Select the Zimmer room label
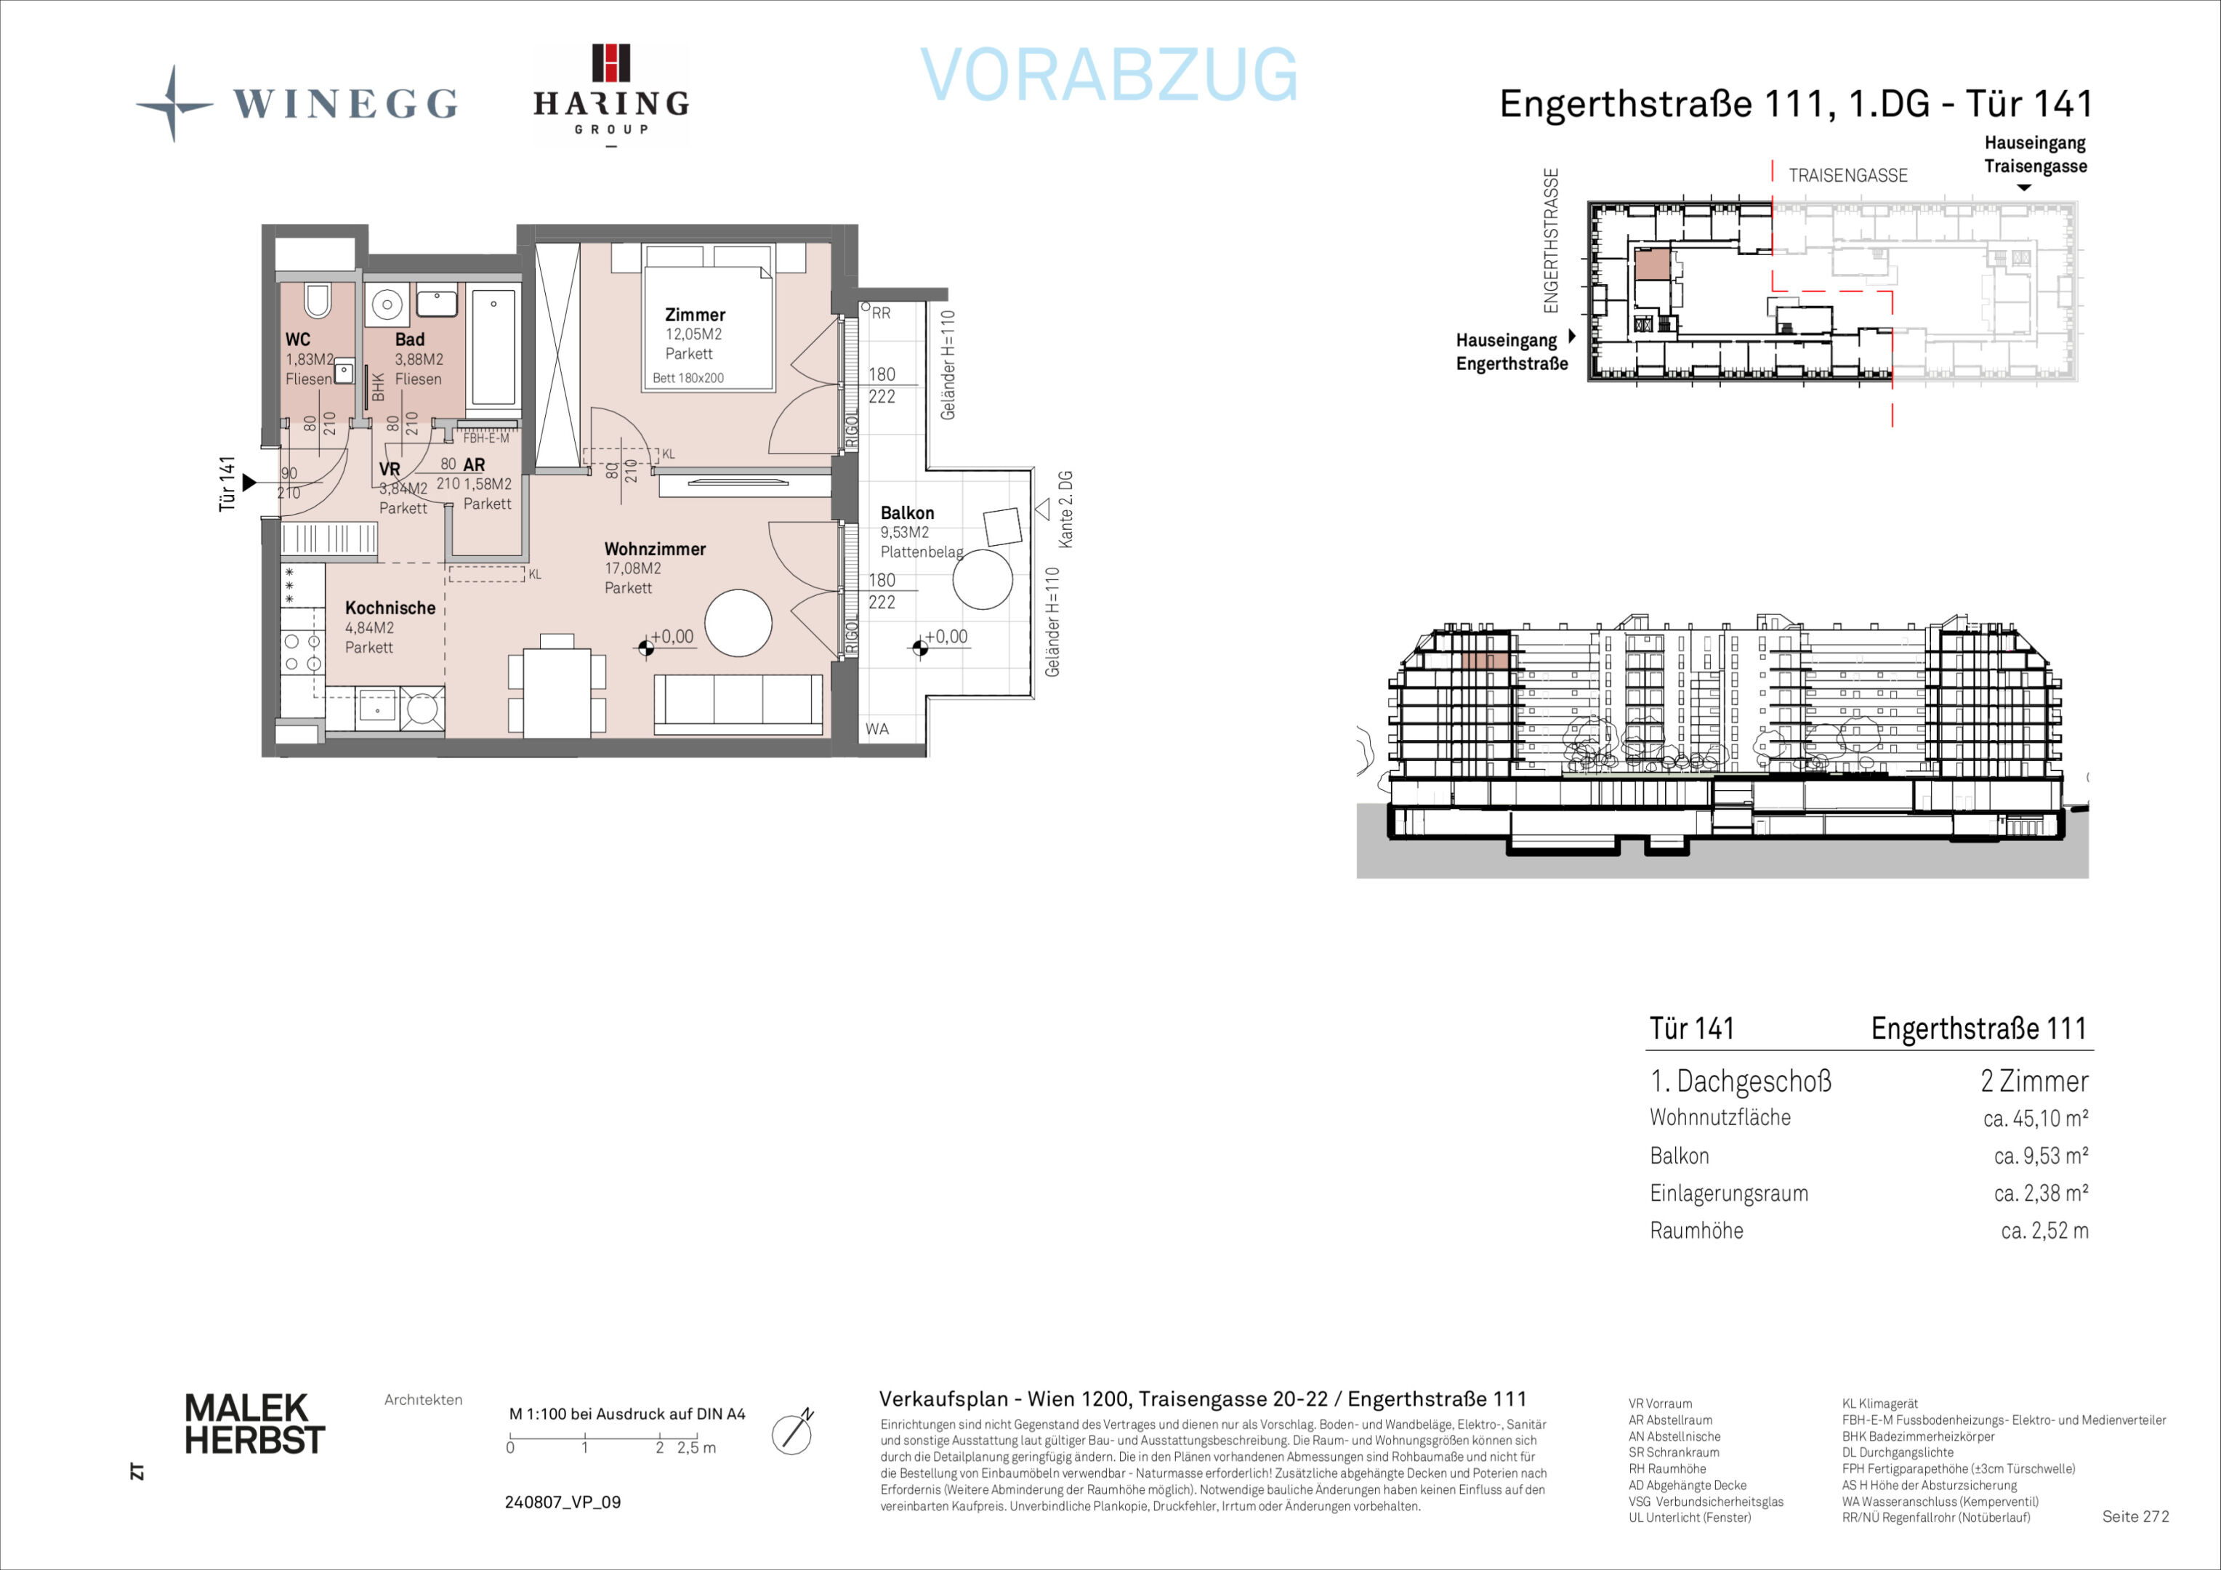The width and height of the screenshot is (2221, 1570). click(695, 315)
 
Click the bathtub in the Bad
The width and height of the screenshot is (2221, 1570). click(493, 346)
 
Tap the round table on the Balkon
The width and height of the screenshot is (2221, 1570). click(983, 579)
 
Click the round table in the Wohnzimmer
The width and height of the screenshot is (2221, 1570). click(738, 623)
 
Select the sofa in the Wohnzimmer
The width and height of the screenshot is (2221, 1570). click(739, 704)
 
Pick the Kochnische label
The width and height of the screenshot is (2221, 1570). click(390, 608)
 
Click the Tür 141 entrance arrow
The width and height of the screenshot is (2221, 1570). click(249, 482)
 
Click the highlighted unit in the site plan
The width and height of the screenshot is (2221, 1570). click(1652, 264)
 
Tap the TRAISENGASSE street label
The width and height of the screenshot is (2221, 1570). click(1847, 175)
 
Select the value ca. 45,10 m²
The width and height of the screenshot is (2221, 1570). click(2035, 1118)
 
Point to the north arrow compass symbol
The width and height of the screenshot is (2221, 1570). click(792, 1433)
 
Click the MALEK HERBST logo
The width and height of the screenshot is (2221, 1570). click(254, 1424)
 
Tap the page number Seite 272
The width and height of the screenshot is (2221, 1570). click(2136, 1515)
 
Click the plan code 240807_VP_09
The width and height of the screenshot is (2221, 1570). click(563, 1502)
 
